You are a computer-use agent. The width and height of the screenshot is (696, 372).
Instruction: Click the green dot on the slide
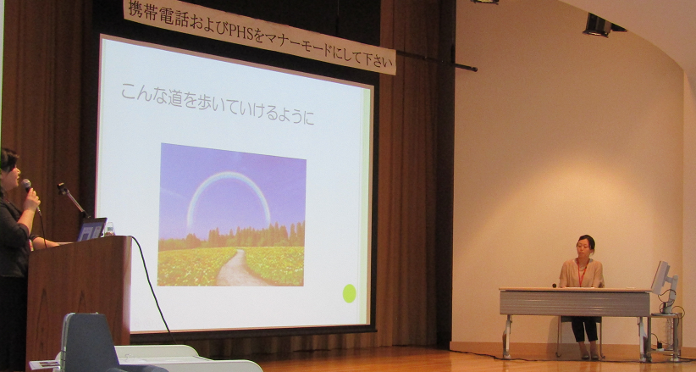click(x=350, y=293)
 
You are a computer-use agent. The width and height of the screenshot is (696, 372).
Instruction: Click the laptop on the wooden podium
click(x=92, y=230)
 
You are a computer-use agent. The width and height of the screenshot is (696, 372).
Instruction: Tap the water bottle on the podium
click(x=109, y=229)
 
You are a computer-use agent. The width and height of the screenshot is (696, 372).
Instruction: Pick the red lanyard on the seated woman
click(x=582, y=273)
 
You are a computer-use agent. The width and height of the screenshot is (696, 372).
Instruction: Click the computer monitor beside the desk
click(x=663, y=280)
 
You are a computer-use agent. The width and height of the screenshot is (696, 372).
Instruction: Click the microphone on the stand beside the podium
click(x=63, y=188)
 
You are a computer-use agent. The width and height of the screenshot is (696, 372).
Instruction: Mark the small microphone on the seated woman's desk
click(x=555, y=286)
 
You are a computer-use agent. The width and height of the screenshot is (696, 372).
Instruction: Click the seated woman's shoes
click(x=589, y=356)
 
